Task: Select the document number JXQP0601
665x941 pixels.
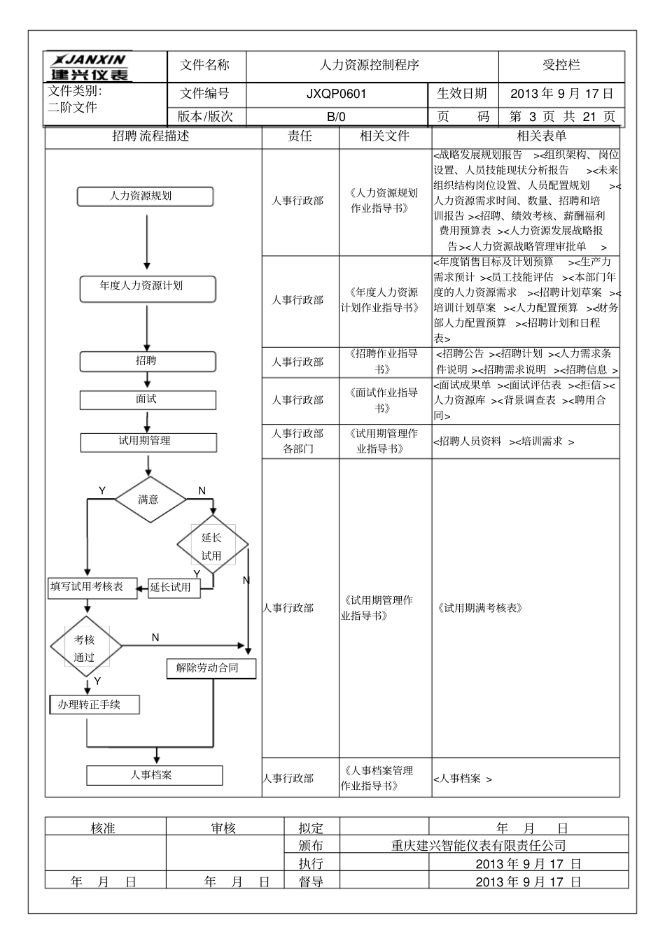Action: [x=336, y=94]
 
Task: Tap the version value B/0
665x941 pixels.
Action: [x=336, y=117]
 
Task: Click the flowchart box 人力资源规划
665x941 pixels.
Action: [x=145, y=197]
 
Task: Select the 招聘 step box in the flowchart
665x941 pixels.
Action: [x=147, y=361]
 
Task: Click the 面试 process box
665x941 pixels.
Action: [x=147, y=399]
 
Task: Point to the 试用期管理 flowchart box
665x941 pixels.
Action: [x=148, y=441]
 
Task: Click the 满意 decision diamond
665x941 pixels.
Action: [x=150, y=500]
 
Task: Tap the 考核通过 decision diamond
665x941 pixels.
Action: [x=85, y=647]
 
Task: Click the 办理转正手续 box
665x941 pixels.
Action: [x=94, y=705]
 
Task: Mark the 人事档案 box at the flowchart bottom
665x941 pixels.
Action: [x=154, y=775]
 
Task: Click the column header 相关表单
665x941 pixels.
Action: [x=542, y=136]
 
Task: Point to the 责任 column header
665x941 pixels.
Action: [x=300, y=136]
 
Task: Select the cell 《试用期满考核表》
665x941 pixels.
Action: [x=480, y=608]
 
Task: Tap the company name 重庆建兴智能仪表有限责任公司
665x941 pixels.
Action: [x=479, y=846]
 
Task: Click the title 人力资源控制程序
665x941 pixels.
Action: [x=370, y=66]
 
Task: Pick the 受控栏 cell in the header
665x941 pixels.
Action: [x=561, y=66]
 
